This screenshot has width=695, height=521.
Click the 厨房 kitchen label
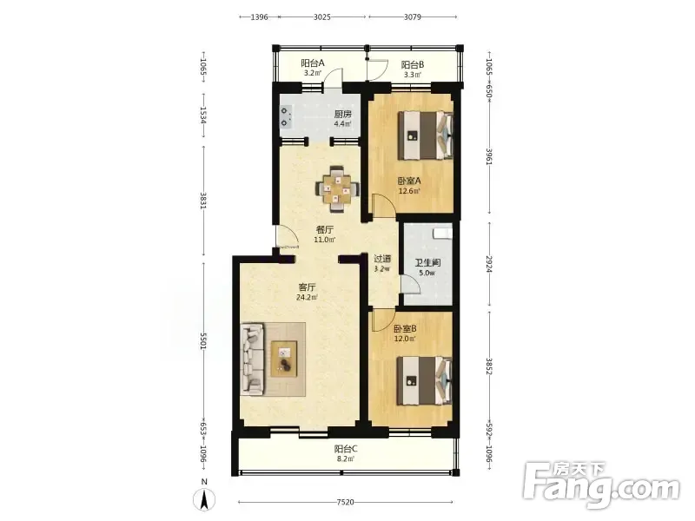point(342,114)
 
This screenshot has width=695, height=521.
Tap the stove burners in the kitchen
point(286,116)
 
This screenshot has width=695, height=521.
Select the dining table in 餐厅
point(336,189)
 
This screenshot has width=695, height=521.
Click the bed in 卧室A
point(426,135)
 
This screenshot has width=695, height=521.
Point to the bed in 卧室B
point(425,380)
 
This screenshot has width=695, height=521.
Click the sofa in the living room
point(252,359)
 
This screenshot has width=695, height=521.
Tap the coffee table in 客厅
point(284,359)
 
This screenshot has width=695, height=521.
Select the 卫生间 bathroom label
point(427,262)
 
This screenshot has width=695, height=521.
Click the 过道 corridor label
point(382,258)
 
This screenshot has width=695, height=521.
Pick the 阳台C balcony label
point(346,449)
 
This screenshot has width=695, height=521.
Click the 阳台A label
point(313,63)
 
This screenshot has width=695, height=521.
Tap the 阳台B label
point(413,64)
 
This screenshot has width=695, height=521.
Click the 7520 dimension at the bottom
point(345,502)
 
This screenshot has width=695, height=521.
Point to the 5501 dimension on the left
point(203,340)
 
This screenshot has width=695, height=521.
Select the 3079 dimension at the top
point(412,16)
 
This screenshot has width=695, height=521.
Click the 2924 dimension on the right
point(489,263)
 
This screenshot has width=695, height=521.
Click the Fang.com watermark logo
point(601,485)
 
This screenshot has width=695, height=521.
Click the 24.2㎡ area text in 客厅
point(307,297)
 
